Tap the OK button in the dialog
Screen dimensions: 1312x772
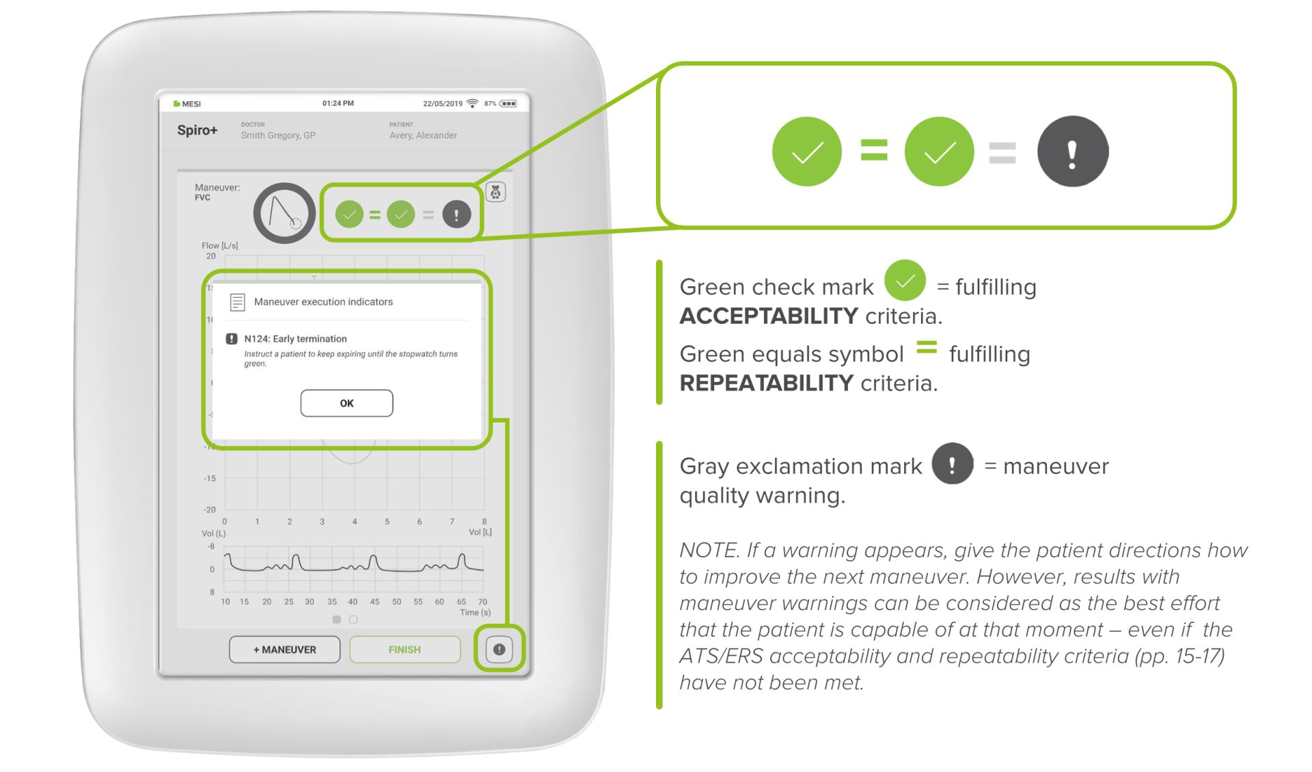point(346,403)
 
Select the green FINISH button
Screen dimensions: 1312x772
point(405,649)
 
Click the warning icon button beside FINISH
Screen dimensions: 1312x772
point(500,649)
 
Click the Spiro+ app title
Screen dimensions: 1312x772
point(197,130)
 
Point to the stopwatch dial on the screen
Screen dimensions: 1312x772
point(284,213)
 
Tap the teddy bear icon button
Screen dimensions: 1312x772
point(496,192)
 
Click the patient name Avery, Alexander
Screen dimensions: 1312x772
point(423,135)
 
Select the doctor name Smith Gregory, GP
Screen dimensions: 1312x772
point(278,135)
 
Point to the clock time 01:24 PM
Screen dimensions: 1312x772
point(338,103)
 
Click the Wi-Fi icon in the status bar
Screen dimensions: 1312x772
point(472,103)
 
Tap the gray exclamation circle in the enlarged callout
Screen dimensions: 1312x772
point(1072,151)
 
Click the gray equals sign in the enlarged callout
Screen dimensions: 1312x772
point(1002,152)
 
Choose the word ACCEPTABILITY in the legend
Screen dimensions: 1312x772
point(769,316)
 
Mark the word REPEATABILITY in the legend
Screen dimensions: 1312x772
point(767,383)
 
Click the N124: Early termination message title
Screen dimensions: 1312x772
point(295,339)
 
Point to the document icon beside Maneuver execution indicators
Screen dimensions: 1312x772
point(237,302)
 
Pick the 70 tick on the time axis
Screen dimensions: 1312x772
point(482,602)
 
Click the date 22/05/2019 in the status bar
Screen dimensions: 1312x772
point(443,104)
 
